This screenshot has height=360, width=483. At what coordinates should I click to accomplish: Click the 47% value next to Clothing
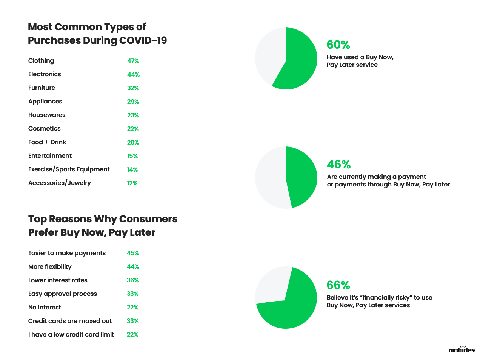pos(133,61)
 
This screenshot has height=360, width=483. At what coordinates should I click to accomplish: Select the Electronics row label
pos(45,74)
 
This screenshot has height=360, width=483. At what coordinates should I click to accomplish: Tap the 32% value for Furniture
pos(133,88)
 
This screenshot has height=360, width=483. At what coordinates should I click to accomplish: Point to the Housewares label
pos(47,115)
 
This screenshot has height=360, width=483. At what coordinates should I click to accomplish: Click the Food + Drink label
pos(47,142)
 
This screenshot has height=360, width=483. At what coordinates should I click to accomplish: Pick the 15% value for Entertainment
pos(132,156)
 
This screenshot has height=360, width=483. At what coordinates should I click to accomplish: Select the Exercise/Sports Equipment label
pos(69,169)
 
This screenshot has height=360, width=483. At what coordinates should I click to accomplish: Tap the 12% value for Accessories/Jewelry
pos(132,183)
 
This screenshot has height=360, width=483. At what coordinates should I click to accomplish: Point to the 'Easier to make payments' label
pos(67,253)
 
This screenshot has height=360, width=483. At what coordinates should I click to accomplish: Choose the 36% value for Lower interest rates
pos(133,280)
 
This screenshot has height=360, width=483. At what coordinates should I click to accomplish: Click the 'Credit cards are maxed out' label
pos(70,321)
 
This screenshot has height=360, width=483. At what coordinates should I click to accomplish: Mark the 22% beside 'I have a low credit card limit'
pos(132,335)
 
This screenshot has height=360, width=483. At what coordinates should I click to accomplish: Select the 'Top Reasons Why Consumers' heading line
pos(103,219)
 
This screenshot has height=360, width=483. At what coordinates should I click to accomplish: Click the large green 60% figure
pos(338,45)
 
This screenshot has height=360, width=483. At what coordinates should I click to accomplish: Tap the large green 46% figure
pos(338,165)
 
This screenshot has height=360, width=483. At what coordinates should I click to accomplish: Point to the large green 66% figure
pos(338,285)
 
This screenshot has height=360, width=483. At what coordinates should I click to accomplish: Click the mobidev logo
pos(462,349)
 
